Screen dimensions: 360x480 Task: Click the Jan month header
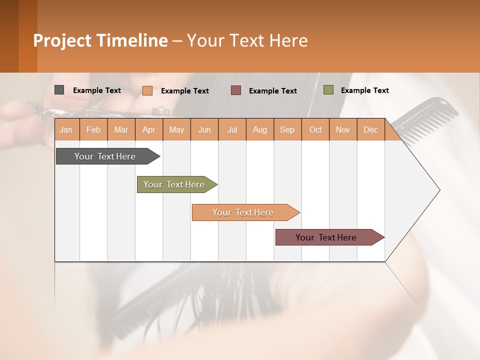pyautogui.click(x=66, y=130)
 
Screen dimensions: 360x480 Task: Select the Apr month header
pyautogui.click(x=149, y=130)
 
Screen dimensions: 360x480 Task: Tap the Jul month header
pyautogui.click(x=232, y=130)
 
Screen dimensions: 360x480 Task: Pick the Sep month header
pyautogui.click(x=287, y=130)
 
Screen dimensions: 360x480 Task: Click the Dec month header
pyautogui.click(x=371, y=130)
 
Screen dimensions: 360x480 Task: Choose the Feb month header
pyautogui.click(x=93, y=130)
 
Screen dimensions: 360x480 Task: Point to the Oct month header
pyautogui.click(x=315, y=130)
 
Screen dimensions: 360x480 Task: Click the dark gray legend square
pyautogui.click(x=59, y=90)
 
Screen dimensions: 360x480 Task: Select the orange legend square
pyautogui.click(x=147, y=90)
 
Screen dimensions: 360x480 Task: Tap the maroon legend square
pyautogui.click(x=236, y=90)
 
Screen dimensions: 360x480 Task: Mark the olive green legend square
pyautogui.click(x=328, y=90)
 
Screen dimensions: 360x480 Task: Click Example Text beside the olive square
pyautogui.click(x=364, y=90)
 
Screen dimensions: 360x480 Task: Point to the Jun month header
pyautogui.click(x=204, y=130)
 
